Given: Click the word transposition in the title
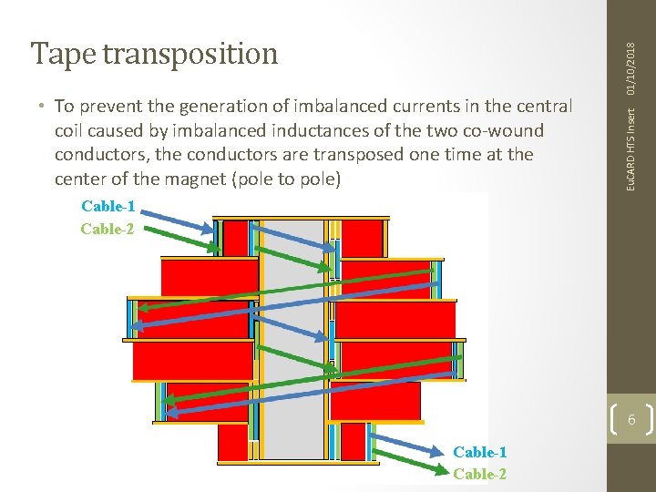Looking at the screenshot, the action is pos(190,54).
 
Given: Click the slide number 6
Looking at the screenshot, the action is pos(630,420).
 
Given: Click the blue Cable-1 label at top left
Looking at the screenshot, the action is pos(108,207).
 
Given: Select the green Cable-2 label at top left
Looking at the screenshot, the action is pos(108,229).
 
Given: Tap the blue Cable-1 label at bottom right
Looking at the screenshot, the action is pos(480,452).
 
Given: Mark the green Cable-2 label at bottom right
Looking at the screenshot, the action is pos(480,474).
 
